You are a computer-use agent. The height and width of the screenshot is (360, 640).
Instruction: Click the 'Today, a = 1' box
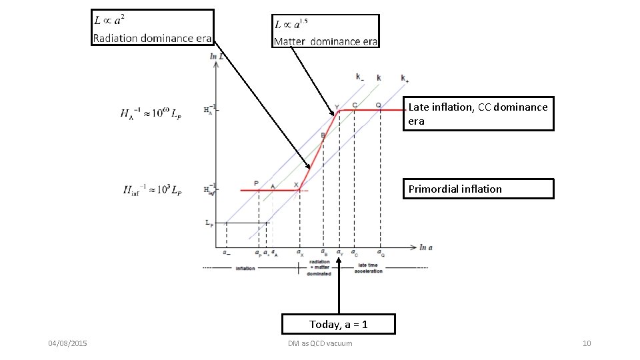point(339,324)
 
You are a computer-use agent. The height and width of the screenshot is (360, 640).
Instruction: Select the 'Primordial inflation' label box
point(479,189)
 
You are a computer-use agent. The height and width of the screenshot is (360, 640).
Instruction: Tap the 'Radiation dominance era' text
point(152,38)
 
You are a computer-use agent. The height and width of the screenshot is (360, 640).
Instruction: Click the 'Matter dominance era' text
point(326,41)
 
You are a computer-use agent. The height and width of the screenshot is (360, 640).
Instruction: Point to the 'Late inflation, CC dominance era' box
point(479,114)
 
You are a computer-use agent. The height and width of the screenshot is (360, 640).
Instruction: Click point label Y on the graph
point(337,107)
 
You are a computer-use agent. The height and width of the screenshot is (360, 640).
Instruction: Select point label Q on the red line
point(379,105)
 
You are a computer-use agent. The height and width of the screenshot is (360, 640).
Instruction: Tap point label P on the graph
point(256,183)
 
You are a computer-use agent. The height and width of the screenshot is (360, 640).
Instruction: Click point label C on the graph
point(355,105)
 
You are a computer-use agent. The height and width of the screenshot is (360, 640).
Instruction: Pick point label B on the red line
point(323,136)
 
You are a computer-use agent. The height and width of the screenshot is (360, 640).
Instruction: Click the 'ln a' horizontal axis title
point(426,247)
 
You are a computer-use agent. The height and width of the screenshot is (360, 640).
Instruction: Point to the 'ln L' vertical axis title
point(217,57)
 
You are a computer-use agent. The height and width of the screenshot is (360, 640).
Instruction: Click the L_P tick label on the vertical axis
point(209,224)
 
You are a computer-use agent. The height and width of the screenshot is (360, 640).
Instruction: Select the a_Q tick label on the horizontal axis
point(381,253)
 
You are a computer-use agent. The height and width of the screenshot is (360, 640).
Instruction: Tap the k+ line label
point(405,78)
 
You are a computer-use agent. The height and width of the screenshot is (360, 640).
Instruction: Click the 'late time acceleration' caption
point(368,268)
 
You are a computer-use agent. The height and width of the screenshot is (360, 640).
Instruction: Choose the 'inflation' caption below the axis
point(245,269)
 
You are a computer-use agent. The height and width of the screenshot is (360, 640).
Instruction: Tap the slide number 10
point(587,343)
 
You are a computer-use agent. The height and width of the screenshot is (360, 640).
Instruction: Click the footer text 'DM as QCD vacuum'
point(320,343)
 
